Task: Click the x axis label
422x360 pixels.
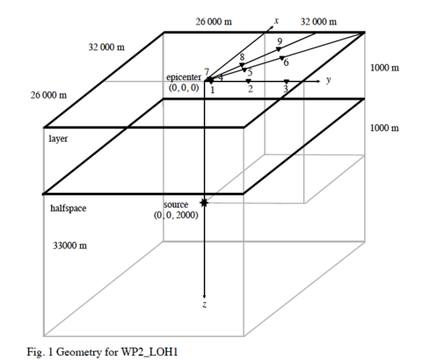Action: point(276,21)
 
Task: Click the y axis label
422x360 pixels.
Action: point(329,80)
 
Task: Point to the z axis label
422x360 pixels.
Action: point(204,305)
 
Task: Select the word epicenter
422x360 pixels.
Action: point(184,77)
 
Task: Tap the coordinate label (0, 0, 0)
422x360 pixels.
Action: point(184,87)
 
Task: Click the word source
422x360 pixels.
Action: point(176,204)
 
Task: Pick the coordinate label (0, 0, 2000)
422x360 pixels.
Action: point(176,215)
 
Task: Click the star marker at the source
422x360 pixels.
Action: point(204,202)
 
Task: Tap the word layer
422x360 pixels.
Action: point(58,138)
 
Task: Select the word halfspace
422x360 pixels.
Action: point(69,209)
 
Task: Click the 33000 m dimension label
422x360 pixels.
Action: point(69,246)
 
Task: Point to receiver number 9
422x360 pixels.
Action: point(280,41)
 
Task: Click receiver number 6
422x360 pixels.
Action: point(286,62)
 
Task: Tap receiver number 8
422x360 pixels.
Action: point(242,57)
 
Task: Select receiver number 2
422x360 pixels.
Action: point(251,89)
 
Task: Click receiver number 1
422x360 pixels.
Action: point(213,90)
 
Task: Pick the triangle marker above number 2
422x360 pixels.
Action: point(249,81)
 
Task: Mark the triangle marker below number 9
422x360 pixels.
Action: point(279,49)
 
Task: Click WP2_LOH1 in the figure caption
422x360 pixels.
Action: point(149,352)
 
